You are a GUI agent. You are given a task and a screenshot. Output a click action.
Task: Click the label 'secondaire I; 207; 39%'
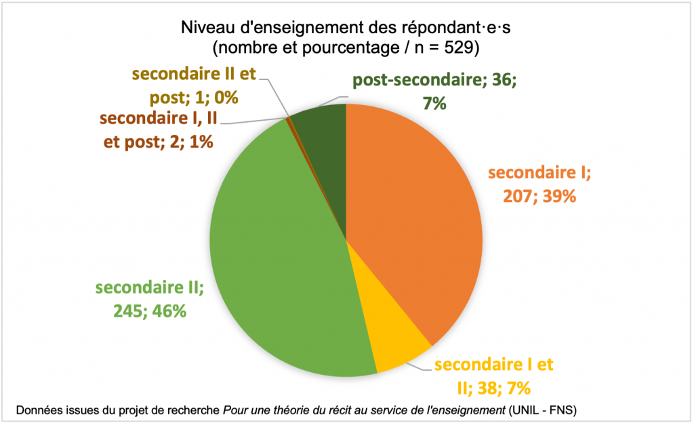click(539, 185)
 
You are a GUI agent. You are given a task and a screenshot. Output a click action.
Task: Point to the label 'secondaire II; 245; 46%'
click(150, 299)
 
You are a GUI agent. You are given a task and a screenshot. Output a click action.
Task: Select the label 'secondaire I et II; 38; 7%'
click(493, 376)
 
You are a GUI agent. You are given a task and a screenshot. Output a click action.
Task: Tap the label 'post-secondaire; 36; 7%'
click(434, 92)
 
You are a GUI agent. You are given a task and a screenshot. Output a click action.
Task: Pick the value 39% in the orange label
click(559, 197)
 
